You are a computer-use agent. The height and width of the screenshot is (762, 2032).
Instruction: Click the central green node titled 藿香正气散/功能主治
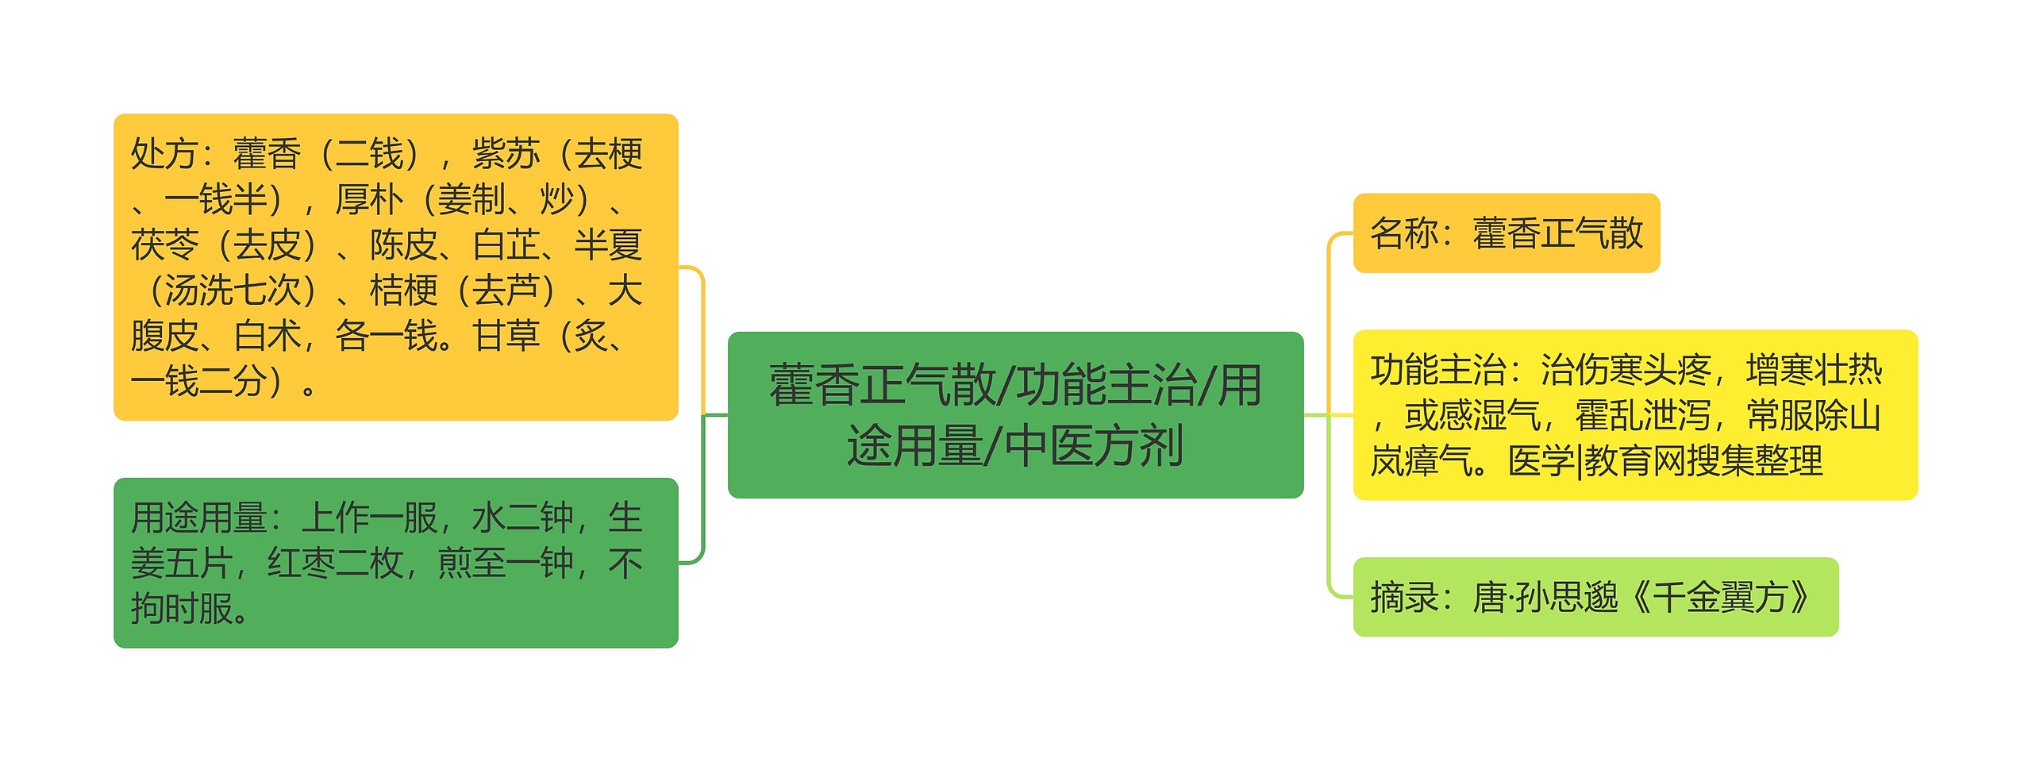1015,414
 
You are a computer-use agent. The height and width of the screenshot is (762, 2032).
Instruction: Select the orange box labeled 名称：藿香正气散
1506,233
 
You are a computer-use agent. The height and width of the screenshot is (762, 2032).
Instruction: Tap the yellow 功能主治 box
1634,414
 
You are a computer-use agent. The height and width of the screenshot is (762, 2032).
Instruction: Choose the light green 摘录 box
1595,597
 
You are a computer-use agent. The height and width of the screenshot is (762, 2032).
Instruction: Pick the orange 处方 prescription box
395,267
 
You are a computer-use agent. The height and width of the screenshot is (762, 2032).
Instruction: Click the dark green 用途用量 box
395,563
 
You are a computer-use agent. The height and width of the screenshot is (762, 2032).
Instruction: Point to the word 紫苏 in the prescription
506,154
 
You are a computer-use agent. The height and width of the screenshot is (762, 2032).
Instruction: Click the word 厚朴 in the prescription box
369,199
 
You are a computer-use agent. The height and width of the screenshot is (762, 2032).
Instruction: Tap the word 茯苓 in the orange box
164,244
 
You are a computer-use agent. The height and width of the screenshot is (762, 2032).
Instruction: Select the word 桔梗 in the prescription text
403,291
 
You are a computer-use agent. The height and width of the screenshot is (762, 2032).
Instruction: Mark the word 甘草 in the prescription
506,336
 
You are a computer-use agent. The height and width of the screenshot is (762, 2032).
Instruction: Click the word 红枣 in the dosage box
301,564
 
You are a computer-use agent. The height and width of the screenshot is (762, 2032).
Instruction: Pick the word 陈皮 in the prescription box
403,244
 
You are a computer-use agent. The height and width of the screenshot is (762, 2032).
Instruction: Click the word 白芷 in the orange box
506,244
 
